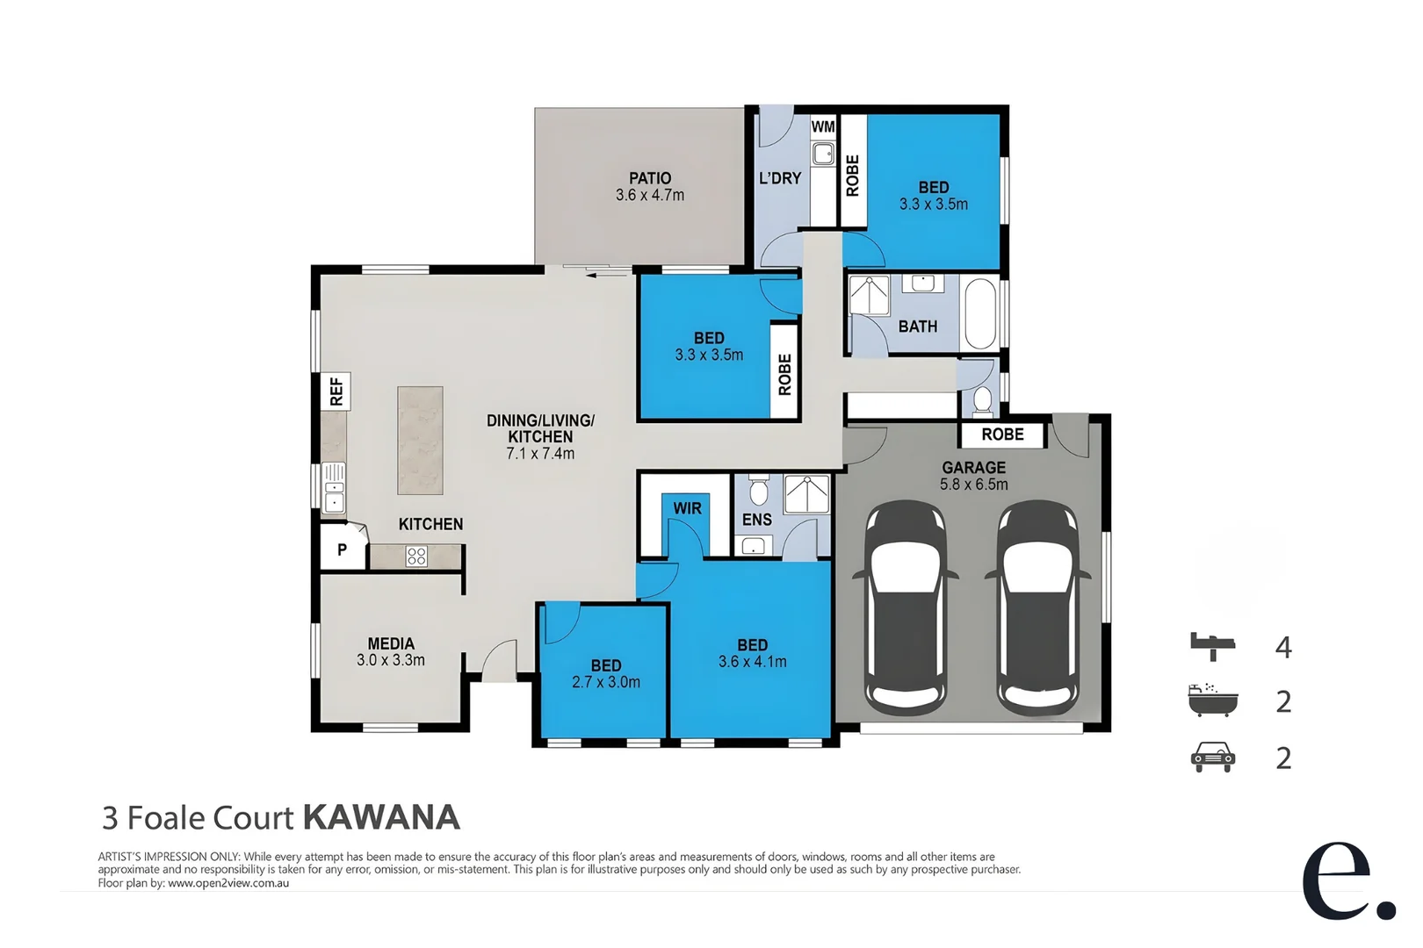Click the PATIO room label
649,178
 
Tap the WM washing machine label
822,126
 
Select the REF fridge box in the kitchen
336,391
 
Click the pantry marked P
342,549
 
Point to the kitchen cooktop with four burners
416,556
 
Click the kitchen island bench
420,440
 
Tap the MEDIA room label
391,643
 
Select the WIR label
687,508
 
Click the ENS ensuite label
756,520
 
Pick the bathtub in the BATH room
980,313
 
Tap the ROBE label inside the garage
1002,434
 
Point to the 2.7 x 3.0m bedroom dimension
606,682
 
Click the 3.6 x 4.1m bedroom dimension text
753,662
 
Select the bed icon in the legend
1212,646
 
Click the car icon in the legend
1212,757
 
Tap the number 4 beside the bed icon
1283,648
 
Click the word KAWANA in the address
381,817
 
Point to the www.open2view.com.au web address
228,883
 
